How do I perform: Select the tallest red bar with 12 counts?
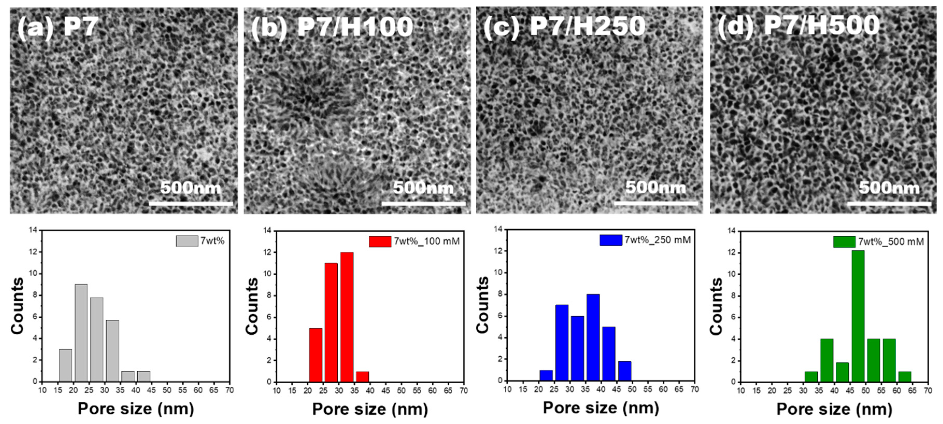tap(347, 317)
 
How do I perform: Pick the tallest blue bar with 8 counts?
tap(593, 337)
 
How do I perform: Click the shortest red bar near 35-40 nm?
tap(362, 376)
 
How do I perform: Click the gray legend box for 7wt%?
tap(187, 241)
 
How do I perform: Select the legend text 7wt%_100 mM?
tap(426, 241)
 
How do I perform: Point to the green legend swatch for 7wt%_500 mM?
tap(844, 242)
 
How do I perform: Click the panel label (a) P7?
tap(58, 26)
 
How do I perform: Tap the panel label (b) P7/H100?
tap(332, 27)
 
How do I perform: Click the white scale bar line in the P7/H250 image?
tap(656, 203)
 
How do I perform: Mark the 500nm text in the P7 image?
tap(191, 188)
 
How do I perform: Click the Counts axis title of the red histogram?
tap(252, 306)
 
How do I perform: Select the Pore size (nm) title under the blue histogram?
tap(601, 407)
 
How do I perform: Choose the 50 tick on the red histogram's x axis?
tap(401, 391)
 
